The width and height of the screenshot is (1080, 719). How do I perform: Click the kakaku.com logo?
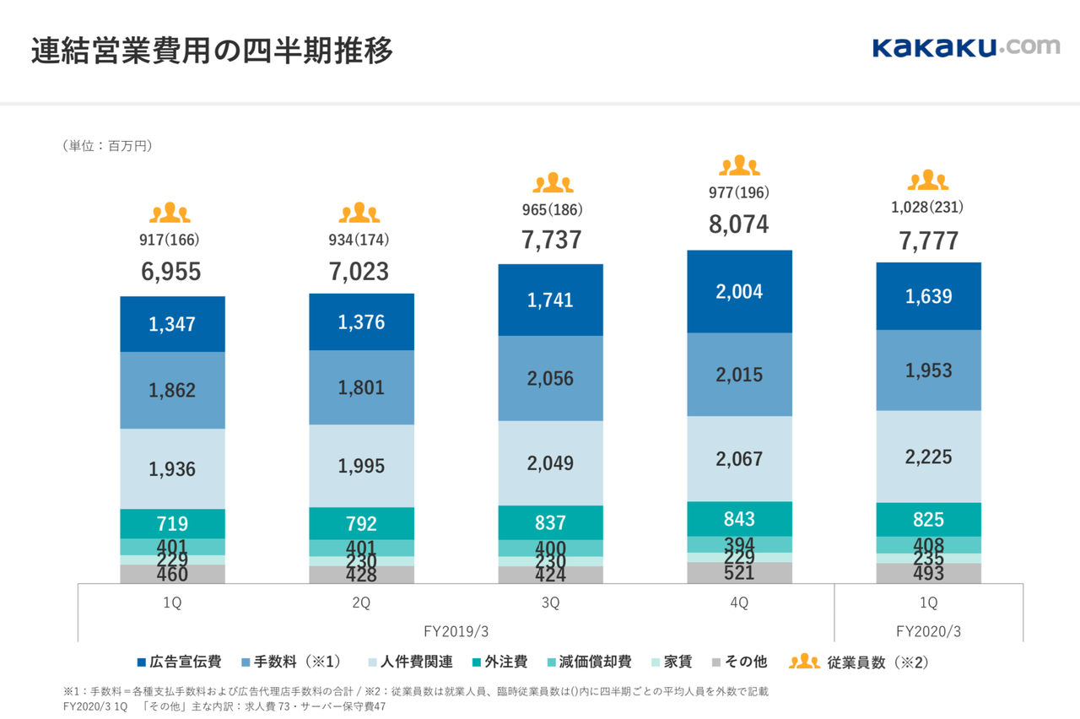(965, 47)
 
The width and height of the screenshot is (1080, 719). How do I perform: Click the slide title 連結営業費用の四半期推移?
(212, 51)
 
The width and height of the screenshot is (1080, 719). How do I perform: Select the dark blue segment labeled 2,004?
(739, 291)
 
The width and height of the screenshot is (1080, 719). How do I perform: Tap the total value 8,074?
(739, 225)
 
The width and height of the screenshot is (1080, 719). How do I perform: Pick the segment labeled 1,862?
(172, 390)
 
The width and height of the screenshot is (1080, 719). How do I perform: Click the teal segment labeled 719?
(172, 523)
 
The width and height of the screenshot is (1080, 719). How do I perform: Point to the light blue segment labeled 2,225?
(928, 457)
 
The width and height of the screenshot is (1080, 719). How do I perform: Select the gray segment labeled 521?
(739, 573)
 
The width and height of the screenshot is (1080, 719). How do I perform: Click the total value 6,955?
(172, 272)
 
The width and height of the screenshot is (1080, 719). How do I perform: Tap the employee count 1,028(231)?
(928, 207)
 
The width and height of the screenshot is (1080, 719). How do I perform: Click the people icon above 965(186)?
(553, 183)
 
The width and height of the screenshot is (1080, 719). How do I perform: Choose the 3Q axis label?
(550, 603)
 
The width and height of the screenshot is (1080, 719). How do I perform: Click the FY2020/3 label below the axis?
(928, 630)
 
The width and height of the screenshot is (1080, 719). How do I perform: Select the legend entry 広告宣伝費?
(179, 662)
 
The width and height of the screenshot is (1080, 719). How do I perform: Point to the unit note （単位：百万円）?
(107, 146)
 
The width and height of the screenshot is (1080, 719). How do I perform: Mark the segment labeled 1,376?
(361, 322)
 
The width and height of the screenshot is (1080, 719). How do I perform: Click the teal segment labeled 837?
(550, 522)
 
